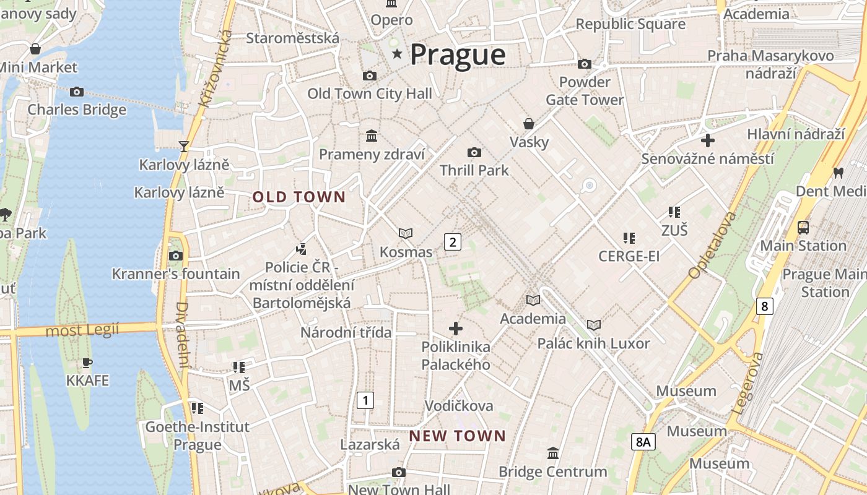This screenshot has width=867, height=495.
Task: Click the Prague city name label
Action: (458, 55)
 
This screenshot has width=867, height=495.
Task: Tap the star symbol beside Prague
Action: (397, 54)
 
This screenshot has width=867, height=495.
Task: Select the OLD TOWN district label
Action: (299, 197)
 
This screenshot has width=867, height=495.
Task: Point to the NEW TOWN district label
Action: (458, 436)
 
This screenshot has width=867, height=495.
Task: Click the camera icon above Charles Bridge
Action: (77, 92)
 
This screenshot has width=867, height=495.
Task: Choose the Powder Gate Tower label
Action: (585, 91)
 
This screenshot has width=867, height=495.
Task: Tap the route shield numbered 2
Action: (453, 242)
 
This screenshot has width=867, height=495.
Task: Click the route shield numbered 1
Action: (365, 400)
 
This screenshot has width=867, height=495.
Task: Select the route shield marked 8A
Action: (643, 442)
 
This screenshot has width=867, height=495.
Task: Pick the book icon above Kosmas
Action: (406, 233)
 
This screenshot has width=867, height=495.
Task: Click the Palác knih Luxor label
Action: (593, 343)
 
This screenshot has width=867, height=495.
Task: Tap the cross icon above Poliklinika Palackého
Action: (456, 329)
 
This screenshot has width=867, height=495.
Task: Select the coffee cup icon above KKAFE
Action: (87, 363)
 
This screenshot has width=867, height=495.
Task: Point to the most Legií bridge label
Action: (82, 331)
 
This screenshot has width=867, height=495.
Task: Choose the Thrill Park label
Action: (474, 170)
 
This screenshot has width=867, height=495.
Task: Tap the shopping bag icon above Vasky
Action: (529, 124)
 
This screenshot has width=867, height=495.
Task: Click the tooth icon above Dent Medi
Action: (839, 173)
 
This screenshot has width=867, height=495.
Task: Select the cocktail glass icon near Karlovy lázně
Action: (183, 146)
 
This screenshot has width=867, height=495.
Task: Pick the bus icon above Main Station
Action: (803, 227)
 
